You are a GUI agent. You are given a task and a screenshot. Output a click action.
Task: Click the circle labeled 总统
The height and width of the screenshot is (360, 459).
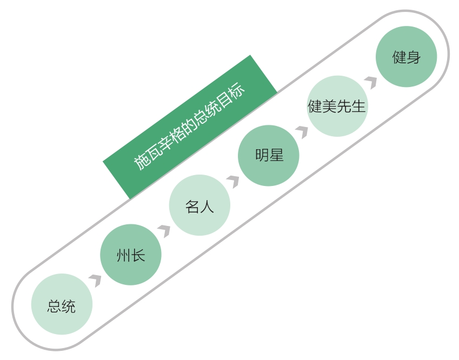click(62, 304)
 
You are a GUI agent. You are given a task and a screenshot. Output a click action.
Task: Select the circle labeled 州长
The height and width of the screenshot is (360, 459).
click(131, 255)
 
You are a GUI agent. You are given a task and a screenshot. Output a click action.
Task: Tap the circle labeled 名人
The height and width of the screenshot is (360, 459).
click(199, 205)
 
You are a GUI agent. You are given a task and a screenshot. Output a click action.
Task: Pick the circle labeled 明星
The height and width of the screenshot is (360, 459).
click(269, 156)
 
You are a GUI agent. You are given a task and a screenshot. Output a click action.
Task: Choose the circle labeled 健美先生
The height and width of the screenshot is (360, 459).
click(337, 106)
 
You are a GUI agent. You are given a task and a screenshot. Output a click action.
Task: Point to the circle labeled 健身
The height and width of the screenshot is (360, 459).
click(406, 57)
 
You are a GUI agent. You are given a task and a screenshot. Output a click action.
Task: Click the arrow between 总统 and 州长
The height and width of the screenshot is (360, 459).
click(96, 280)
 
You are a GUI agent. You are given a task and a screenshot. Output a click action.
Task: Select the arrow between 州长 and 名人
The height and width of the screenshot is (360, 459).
click(165, 230)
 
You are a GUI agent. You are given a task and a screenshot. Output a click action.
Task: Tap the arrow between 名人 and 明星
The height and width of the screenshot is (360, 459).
click(234, 181)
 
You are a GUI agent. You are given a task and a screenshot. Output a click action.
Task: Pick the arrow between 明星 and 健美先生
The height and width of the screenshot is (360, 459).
click(303, 131)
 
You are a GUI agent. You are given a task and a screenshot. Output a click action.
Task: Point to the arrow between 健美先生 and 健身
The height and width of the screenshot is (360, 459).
click(371, 82)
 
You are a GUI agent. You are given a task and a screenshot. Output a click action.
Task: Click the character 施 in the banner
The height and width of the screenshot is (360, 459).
click(142, 162)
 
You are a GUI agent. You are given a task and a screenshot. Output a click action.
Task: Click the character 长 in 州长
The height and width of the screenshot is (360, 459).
click(138, 255)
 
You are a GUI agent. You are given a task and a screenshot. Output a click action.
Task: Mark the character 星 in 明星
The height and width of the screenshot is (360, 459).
click(276, 156)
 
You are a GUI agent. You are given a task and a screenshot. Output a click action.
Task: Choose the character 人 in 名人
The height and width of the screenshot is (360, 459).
click(207, 206)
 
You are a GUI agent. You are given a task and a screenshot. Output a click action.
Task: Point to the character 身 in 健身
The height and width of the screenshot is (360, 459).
click(414, 57)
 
